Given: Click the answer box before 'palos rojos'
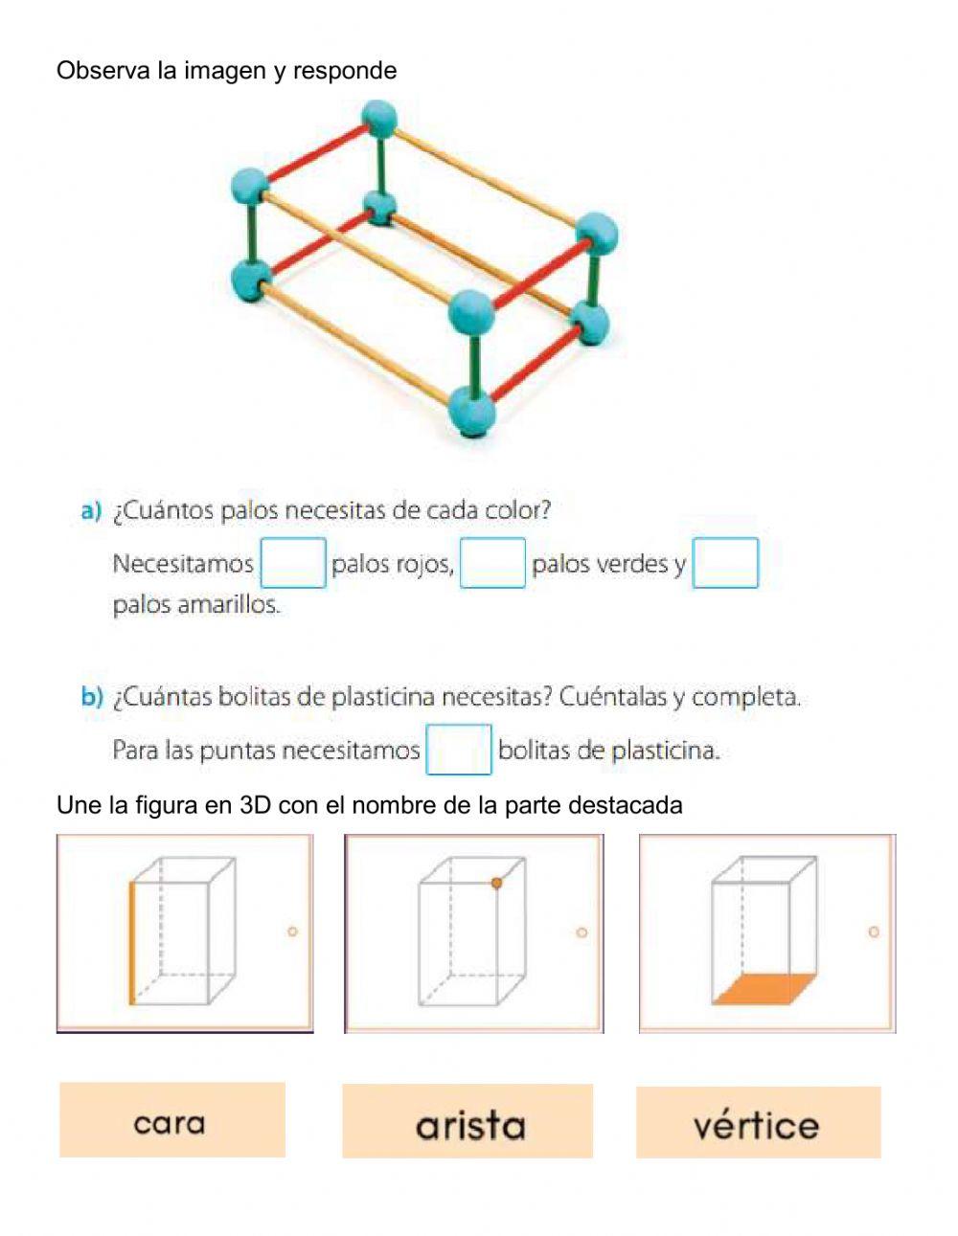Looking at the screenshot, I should [293, 563].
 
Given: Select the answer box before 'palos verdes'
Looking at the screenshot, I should [492, 563].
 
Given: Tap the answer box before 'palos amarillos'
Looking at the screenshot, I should [725, 563].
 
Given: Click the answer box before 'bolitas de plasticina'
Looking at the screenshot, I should [458, 749].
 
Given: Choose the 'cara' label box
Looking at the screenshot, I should [171, 1120].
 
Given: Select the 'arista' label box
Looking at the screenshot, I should [468, 1121].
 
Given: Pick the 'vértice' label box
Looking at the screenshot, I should [758, 1122].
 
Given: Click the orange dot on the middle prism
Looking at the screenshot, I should [496, 883].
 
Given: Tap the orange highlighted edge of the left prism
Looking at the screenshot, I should [131, 943].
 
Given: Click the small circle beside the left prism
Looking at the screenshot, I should [292, 931].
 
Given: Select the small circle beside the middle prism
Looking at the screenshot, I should [581, 932].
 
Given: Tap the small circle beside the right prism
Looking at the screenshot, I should [873, 931].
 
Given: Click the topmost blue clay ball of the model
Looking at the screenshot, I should [378, 122].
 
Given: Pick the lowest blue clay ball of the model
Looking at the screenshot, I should [473, 410].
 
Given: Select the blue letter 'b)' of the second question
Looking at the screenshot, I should [91, 697].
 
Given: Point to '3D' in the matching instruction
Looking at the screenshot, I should [256, 805].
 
